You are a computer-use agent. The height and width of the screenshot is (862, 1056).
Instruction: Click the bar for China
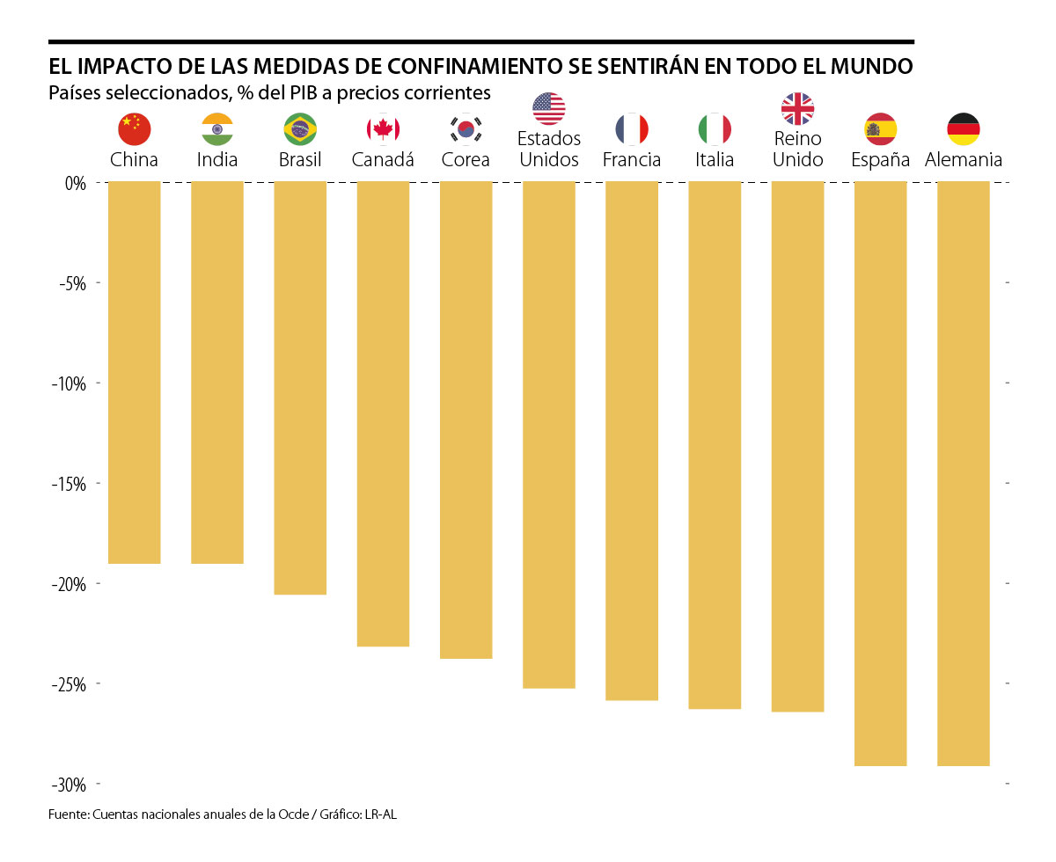(134, 372)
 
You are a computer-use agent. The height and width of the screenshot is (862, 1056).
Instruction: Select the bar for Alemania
(964, 473)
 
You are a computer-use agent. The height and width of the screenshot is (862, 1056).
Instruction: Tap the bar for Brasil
(300, 388)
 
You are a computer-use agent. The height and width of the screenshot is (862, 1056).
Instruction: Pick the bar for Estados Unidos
(548, 435)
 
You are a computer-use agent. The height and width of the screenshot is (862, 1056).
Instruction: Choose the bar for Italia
(715, 445)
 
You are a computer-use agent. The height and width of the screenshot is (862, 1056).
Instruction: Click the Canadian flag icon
(383, 129)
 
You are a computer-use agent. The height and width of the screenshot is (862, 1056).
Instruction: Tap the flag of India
(217, 129)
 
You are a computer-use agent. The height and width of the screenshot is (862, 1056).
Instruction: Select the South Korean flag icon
(466, 129)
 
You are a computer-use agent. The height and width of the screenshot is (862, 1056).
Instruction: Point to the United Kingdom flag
(797, 108)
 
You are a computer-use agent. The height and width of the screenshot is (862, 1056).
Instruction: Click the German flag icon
(964, 129)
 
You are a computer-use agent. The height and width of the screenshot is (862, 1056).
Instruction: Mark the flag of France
(632, 129)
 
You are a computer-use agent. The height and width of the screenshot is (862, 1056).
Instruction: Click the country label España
(880, 160)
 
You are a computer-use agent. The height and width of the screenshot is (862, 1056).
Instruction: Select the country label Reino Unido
(797, 150)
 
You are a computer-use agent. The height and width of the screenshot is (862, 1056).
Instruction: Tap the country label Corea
(466, 160)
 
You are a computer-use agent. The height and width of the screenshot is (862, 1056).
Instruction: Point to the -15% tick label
(68, 484)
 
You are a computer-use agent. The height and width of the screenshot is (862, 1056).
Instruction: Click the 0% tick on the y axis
(74, 183)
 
